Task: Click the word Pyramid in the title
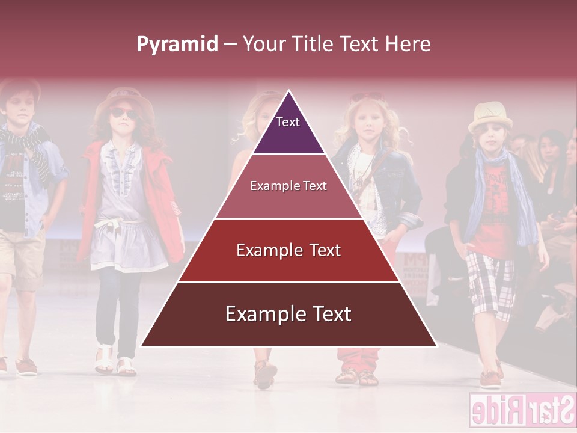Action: point(177,45)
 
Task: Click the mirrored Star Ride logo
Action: point(522,411)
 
